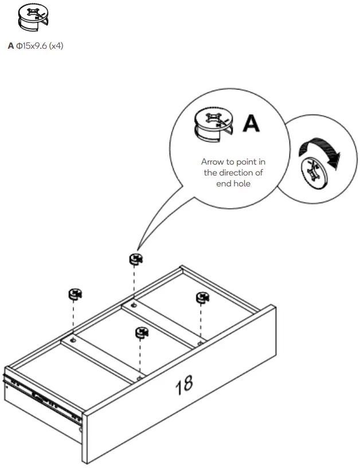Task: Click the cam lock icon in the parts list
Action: (32, 18)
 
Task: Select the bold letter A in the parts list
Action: (10, 46)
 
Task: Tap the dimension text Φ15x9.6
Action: (31, 46)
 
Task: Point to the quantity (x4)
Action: (56, 46)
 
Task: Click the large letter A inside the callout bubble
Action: (251, 123)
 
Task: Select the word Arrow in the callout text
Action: (212, 162)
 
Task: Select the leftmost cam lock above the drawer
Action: (75, 295)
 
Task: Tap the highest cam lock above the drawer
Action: (135, 259)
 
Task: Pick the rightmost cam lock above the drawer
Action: (203, 298)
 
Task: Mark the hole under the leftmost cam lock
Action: (73, 340)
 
